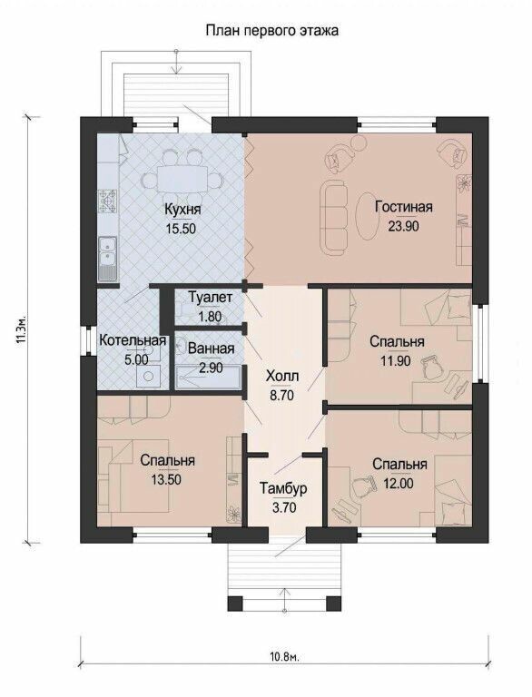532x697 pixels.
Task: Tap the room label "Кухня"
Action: point(182,210)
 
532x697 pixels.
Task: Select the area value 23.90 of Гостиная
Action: point(402,227)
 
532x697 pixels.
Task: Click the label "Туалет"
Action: point(210,298)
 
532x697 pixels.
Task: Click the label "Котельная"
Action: point(133,340)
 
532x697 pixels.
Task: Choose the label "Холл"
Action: point(281,376)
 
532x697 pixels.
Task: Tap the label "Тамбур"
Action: point(282,488)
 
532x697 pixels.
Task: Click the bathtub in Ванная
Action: point(208,382)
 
